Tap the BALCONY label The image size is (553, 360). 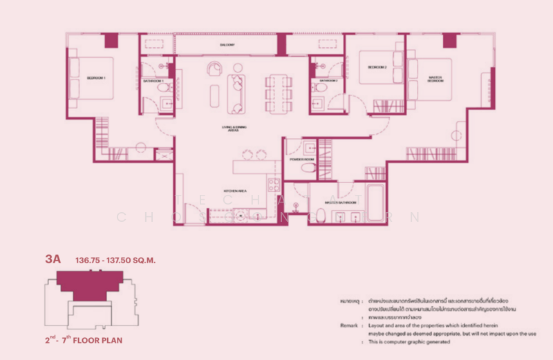[x=227, y=45]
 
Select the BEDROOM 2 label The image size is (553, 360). [x=377, y=67]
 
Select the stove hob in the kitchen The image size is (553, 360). [x=273, y=184]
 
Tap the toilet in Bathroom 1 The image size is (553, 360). [x=164, y=89]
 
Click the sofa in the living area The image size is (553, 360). [x=236, y=93]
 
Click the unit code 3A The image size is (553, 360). [x=53, y=260]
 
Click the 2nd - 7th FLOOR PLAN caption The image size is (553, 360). [x=84, y=341]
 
